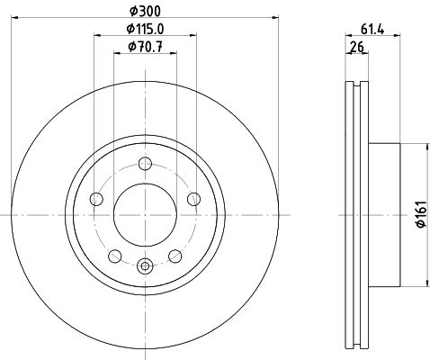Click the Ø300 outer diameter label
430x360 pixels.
tap(145, 12)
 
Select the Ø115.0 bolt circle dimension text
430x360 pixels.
tap(145, 29)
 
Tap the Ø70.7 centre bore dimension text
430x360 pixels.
tap(145, 47)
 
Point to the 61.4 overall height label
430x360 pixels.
tap(372, 30)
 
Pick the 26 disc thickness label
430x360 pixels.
tap(357, 47)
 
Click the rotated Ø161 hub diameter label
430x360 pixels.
tap(422, 214)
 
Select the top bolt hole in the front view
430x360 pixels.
tap(146, 164)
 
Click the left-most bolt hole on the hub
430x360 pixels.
tap(96, 199)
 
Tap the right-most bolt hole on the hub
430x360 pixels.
tap(194, 199)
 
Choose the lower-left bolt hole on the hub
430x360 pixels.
tap(115, 256)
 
